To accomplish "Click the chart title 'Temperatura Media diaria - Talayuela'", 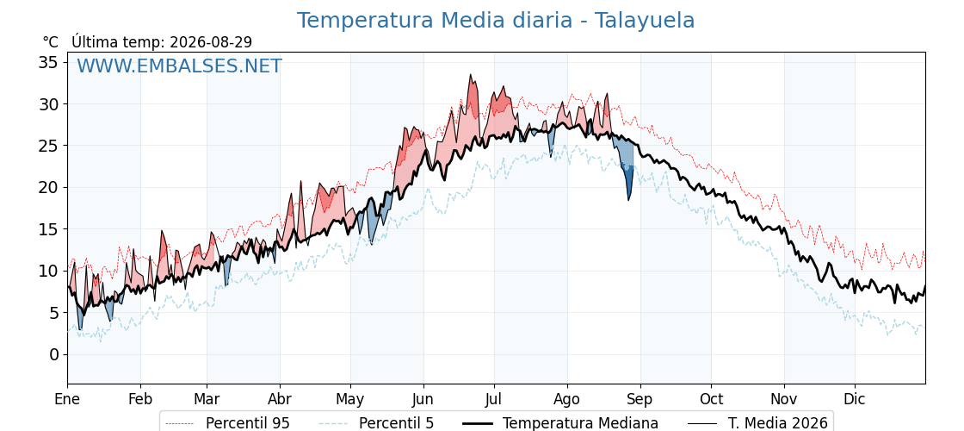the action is pos(496,21).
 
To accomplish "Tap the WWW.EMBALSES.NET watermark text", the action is pos(179,66).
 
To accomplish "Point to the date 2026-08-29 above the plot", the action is pos(211,42).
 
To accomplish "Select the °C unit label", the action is pos(51,42).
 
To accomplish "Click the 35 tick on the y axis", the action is pos(50,62).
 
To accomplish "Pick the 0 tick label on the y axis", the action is pos(54,354).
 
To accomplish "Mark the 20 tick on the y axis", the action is pos(50,188).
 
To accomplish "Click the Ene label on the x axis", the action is pos(67,399).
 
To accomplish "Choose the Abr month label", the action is pos(280,399).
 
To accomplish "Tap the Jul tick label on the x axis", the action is pos(494,399).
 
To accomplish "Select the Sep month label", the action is pos(640,400).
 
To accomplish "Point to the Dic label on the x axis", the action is pos(855,399).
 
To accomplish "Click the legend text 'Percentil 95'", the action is pos(247,423).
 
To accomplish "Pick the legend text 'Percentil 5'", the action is pos(397,423).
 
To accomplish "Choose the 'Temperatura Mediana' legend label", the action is pos(580,423).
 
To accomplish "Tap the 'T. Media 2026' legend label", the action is pos(778,423).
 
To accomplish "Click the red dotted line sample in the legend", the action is pos(180,423).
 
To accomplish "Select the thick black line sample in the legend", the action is pos(477,423).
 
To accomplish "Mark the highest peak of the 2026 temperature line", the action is pos(470,75).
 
